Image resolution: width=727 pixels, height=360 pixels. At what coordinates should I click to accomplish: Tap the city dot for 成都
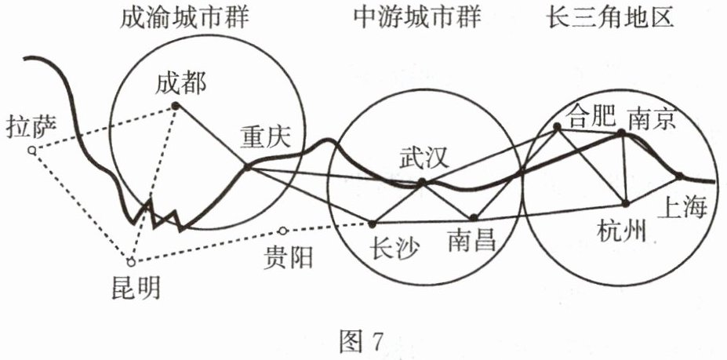pos(176,105)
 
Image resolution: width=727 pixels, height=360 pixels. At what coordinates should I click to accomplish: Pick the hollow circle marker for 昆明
pos(131,261)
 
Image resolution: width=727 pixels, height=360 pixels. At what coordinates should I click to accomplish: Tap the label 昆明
pos(135,289)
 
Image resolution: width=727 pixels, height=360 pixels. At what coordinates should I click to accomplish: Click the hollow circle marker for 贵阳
pos(284,231)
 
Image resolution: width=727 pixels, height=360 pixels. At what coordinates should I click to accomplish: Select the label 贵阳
pos(289,256)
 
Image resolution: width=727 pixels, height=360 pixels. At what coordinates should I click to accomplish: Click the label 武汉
pos(423,158)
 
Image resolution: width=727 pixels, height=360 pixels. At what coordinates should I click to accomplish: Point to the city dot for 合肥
pos(557,127)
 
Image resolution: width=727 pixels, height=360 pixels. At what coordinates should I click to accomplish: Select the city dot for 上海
pos(680,176)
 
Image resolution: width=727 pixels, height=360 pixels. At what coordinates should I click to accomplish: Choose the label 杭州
pos(621,233)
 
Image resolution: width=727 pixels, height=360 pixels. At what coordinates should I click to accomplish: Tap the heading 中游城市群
pos(416,18)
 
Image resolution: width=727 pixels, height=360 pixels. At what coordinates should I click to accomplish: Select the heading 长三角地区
pos(610,18)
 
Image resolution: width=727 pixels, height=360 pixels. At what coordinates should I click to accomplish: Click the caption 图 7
pos(362,340)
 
